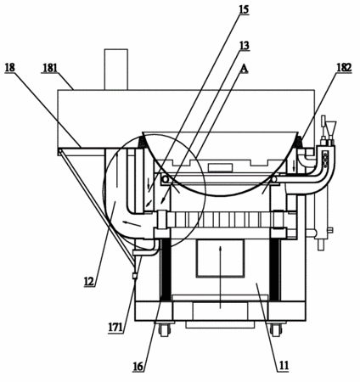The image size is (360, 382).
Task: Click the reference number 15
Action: (x=244, y=9)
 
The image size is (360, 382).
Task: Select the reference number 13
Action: (x=244, y=45)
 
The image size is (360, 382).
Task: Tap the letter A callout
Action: (x=244, y=69)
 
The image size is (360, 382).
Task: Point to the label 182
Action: (x=344, y=68)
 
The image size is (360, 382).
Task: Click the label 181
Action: (x=50, y=68)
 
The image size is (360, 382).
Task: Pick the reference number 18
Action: (x=10, y=68)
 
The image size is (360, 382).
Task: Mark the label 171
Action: (x=115, y=328)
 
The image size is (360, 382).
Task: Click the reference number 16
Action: (x=138, y=367)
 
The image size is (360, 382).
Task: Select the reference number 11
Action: (x=284, y=366)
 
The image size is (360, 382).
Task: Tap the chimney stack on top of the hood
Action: (x=116, y=70)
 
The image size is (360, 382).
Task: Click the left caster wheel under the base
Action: (x=164, y=329)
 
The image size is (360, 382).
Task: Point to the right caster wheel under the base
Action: (x=276, y=329)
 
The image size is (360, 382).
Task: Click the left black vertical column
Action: (x=166, y=269)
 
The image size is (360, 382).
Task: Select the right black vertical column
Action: (x=275, y=269)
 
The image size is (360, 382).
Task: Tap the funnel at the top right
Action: (x=330, y=128)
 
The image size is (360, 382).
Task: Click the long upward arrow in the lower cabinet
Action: (x=221, y=277)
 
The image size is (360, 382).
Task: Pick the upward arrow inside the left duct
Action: (x=116, y=170)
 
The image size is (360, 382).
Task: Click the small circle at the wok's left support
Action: (x=165, y=179)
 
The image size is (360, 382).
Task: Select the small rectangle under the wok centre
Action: (x=221, y=167)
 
